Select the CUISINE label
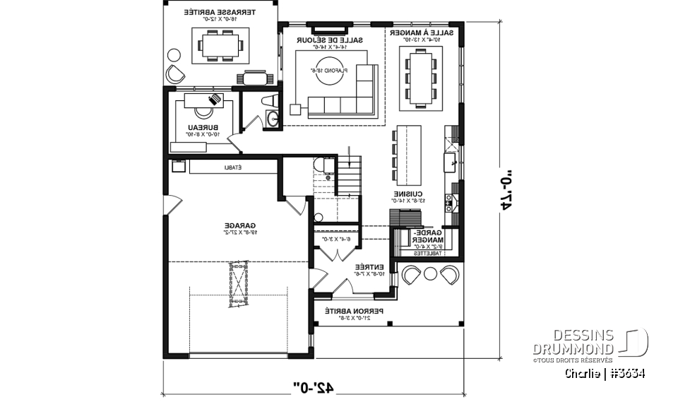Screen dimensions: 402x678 pyautogui.click(x=408, y=194)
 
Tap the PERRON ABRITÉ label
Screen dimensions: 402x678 pyautogui.click(x=354, y=311)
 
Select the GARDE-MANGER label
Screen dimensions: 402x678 pyautogui.click(x=427, y=236)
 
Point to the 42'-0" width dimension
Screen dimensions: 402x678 pyautogui.click(x=313, y=386)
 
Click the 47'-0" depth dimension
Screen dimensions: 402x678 pyautogui.click(x=506, y=190)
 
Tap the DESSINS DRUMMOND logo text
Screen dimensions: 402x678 pyautogui.click(x=573, y=342)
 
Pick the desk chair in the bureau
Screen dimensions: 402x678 pyautogui.click(x=204, y=110)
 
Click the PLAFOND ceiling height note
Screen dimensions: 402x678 pyautogui.click(x=329, y=71)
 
